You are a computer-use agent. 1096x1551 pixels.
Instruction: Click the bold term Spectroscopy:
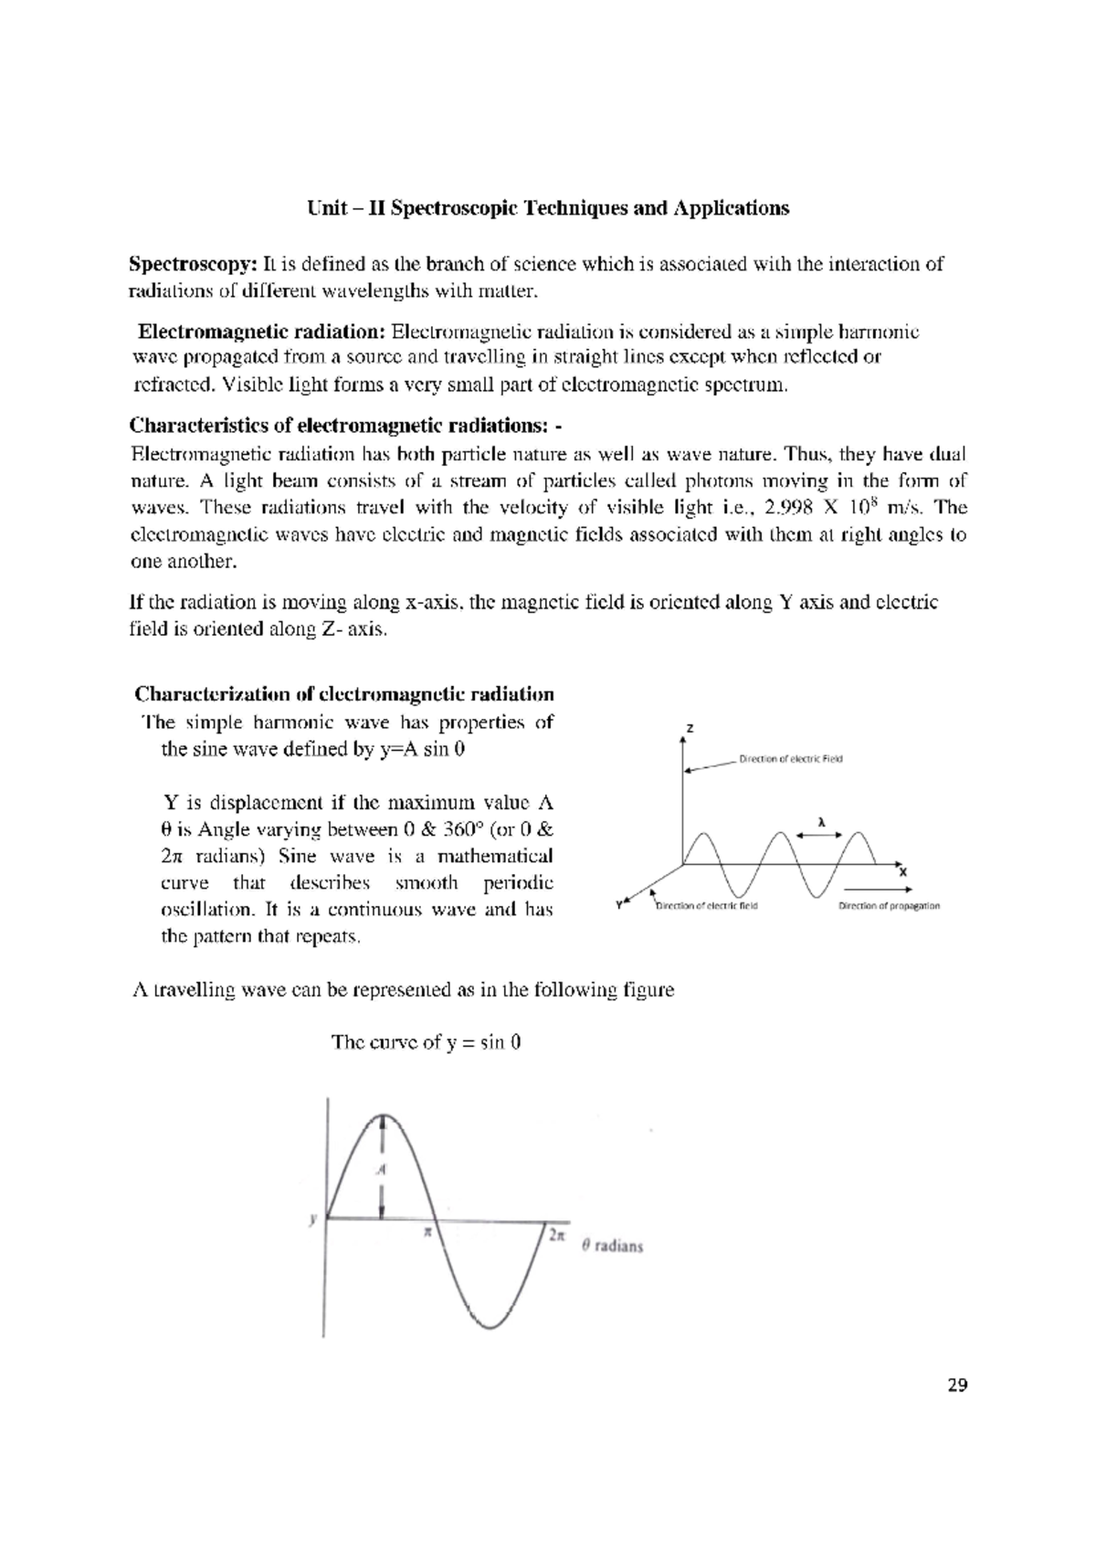coord(193,265)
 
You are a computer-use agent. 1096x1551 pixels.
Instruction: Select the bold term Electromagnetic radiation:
coord(262,331)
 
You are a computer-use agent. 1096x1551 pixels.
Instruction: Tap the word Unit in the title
coord(326,208)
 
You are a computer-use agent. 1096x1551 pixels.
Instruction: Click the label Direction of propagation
coord(889,906)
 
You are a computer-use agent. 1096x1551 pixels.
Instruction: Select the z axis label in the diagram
coord(690,729)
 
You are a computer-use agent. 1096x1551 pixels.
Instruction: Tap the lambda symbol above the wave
coord(820,821)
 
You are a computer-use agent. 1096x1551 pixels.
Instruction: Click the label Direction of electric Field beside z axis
coord(790,759)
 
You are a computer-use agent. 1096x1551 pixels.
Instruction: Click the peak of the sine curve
coord(385,1116)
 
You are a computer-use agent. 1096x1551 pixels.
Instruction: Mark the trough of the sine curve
coord(491,1326)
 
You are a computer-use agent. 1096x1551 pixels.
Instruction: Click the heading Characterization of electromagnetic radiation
coord(343,694)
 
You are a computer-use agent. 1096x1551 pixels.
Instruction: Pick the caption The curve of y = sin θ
coord(426,1042)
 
